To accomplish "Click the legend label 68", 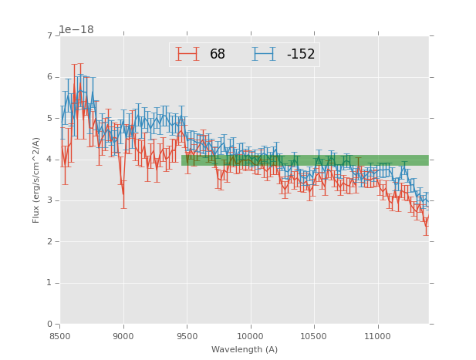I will (218, 55).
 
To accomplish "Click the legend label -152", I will (301, 55).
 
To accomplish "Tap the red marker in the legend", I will (187, 54).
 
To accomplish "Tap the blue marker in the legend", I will (263, 54).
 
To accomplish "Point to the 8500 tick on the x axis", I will (60, 337).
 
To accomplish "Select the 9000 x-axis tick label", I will (123, 337).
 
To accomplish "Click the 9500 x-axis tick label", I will (187, 337).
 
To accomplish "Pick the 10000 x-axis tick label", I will (250, 337).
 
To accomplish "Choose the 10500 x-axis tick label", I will (314, 337).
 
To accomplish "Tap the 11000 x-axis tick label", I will (377, 337).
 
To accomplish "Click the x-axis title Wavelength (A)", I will (244, 350).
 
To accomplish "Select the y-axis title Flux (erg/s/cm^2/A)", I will (36, 180).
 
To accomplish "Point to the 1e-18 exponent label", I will (76, 30).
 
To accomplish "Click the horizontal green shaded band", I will (305, 160).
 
